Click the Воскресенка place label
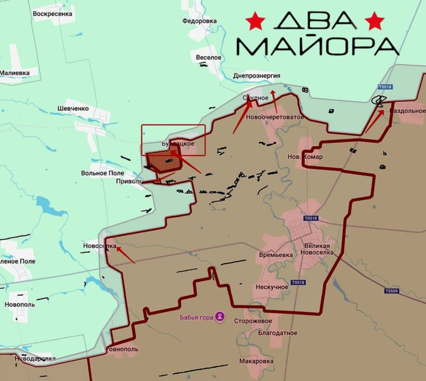(x=52, y=14)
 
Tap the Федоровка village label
(x=199, y=21)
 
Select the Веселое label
(x=209, y=57)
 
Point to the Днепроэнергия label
(x=257, y=76)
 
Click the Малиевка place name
(x=15, y=73)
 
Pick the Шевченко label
(x=73, y=108)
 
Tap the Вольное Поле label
(x=102, y=173)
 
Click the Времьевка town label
(x=276, y=255)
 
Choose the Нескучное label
(x=272, y=287)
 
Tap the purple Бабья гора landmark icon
(x=219, y=316)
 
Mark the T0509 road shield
(x=391, y=291)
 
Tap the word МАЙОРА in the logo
(x=317, y=46)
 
